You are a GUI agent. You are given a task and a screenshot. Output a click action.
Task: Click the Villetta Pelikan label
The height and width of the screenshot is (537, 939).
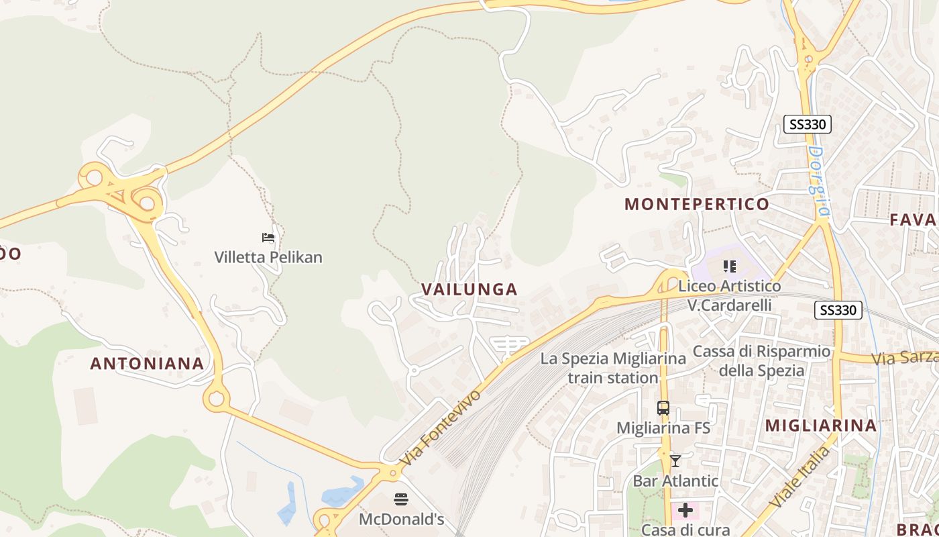click(268, 257)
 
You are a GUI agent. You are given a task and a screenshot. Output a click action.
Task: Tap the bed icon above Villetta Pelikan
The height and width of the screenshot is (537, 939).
click(268, 238)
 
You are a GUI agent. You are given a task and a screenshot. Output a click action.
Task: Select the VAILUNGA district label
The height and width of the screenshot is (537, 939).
click(469, 289)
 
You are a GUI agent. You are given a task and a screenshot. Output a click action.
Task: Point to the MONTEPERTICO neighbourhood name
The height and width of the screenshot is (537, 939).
click(697, 204)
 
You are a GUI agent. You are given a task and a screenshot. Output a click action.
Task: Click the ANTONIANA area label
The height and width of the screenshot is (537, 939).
click(147, 363)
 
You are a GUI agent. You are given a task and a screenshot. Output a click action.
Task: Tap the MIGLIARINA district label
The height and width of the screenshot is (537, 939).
click(821, 425)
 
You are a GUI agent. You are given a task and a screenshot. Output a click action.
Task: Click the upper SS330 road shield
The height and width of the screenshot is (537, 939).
click(808, 124)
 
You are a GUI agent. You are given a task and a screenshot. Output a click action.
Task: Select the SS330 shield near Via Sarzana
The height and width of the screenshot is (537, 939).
click(838, 310)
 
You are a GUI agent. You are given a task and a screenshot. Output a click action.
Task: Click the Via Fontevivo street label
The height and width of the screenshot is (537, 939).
click(441, 428)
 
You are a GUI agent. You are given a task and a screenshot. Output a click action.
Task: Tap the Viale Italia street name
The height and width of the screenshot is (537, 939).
click(799, 476)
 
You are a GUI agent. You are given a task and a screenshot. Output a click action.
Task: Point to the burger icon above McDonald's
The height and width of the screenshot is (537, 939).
click(401, 499)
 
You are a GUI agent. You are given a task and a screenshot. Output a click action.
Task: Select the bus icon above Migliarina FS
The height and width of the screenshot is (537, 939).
click(663, 407)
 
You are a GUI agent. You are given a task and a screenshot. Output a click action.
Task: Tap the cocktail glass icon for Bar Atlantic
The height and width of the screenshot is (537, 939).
click(675, 461)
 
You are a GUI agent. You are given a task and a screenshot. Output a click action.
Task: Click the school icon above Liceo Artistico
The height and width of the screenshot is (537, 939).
click(730, 266)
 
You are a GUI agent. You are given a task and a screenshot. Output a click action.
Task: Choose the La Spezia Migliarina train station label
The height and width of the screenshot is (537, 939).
click(613, 368)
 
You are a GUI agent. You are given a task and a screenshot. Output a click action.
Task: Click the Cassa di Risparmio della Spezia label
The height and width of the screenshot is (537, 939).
click(761, 360)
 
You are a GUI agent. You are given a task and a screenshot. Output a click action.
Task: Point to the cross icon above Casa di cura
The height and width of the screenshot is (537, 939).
click(685, 510)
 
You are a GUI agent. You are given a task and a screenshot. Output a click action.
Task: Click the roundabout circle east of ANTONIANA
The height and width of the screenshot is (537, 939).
click(216, 399)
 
